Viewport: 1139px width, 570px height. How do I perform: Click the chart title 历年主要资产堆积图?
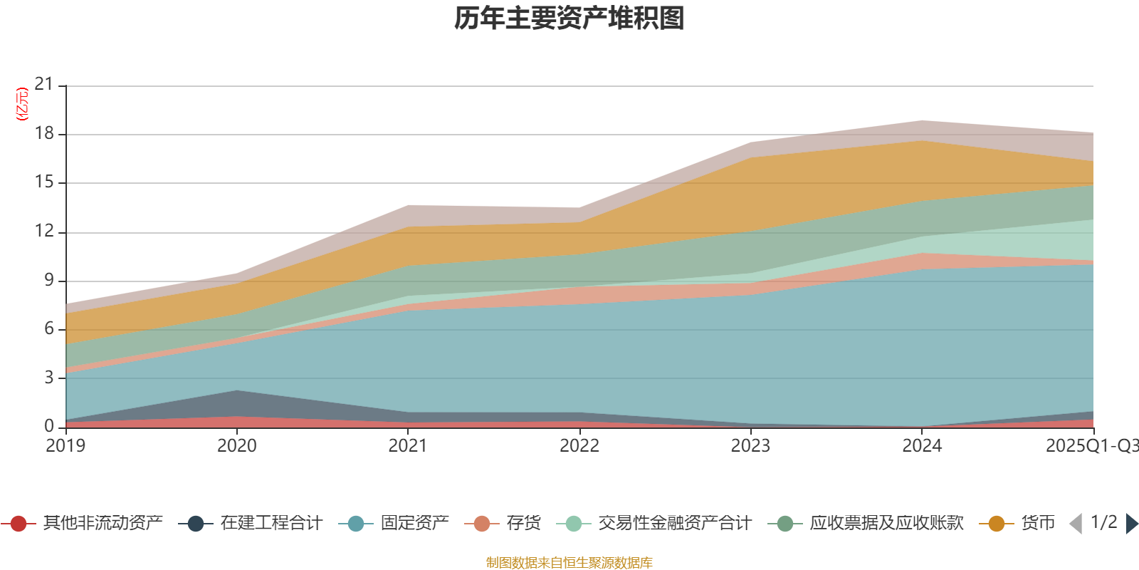[569, 19]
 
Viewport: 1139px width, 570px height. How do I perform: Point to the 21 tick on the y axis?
[44, 85]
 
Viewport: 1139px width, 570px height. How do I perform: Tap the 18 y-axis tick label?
[44, 134]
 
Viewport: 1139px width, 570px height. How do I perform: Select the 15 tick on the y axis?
[44, 182]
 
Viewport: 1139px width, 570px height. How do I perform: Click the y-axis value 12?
[44, 231]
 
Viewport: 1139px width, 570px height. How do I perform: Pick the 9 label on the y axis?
[48, 280]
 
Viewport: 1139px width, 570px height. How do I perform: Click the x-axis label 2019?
[65, 446]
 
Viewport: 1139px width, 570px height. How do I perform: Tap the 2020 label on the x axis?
[237, 446]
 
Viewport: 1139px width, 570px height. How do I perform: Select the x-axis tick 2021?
[408, 446]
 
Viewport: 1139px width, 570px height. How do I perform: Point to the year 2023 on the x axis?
[750, 446]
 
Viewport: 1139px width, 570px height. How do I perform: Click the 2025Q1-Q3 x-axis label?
[1091, 446]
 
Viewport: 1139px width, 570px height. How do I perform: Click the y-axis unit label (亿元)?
[22, 104]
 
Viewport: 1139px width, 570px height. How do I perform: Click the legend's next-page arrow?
[1131, 524]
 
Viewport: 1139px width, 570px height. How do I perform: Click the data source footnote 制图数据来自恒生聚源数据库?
[569, 563]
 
